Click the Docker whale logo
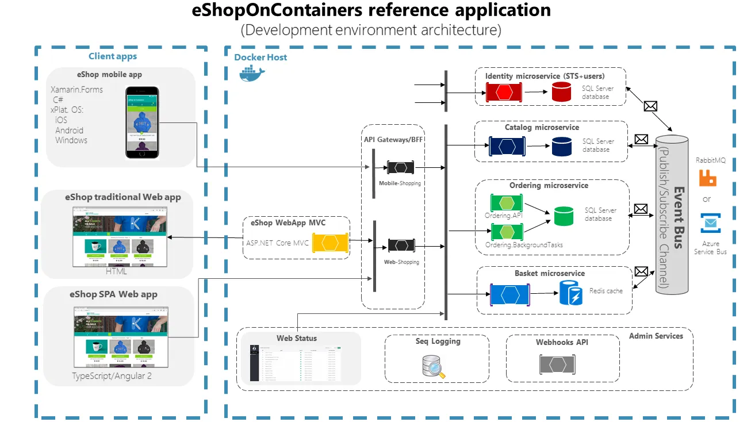[x=251, y=73]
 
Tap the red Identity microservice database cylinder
[x=561, y=92]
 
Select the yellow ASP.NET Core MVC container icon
[x=329, y=243]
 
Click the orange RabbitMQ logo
[x=707, y=178]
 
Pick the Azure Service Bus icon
[x=711, y=223]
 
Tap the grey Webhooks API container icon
[x=557, y=365]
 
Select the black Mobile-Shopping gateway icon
[x=401, y=168]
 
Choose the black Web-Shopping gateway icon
[x=401, y=245]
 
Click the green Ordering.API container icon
[x=506, y=203]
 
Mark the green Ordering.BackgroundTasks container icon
[x=506, y=232]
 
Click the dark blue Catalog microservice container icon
[x=507, y=147]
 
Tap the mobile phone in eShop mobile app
[x=143, y=122]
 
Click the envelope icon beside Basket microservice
[x=641, y=271]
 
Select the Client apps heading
[x=113, y=56]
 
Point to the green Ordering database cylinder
[x=564, y=216]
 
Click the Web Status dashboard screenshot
[x=295, y=363]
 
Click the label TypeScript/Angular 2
[x=112, y=376]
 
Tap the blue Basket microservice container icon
[x=509, y=294]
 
